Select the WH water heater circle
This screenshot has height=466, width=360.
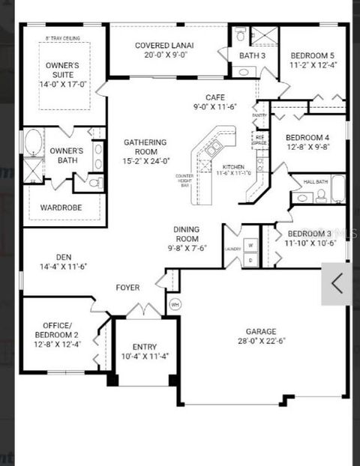pos(175,304)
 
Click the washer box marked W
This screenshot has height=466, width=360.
pos(250,245)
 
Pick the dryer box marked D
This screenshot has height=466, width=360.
pos(250,260)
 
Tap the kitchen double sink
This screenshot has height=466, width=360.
pos(213,148)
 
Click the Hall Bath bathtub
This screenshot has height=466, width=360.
pos(338,190)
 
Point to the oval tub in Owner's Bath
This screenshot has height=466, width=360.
pos(32,142)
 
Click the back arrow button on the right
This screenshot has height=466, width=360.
pos(337,283)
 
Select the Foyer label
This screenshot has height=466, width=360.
pos(127,288)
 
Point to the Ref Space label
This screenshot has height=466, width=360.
pos(260,139)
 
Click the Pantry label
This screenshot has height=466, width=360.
pos(259,115)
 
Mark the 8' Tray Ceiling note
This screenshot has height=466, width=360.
pos(63,37)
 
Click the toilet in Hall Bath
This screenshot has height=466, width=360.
pos(321,195)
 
